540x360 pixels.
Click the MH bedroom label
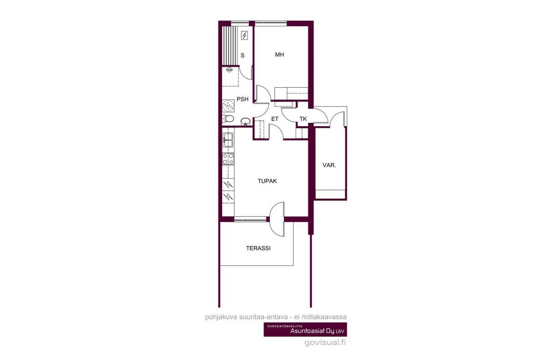pyautogui.click(x=279, y=55)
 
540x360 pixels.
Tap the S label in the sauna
pyautogui.click(x=243, y=55)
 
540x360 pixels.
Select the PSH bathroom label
pyautogui.click(x=242, y=100)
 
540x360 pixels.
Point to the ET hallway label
pyautogui.click(x=275, y=119)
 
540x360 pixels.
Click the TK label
pyautogui.click(x=303, y=119)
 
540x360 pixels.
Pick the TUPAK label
pyautogui.click(x=267, y=181)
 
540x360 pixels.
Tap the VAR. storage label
pyautogui.click(x=329, y=165)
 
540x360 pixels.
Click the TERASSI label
pyautogui.click(x=258, y=248)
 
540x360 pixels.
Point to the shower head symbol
pyautogui.click(x=229, y=70)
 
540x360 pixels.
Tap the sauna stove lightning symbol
pyautogui.click(x=244, y=35)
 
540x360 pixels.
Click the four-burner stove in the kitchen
pyautogui.click(x=228, y=159)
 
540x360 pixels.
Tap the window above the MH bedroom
pyautogui.click(x=270, y=23)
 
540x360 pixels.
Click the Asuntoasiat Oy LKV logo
pyautogui.click(x=305, y=330)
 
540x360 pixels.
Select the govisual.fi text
pyautogui.click(x=325, y=343)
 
